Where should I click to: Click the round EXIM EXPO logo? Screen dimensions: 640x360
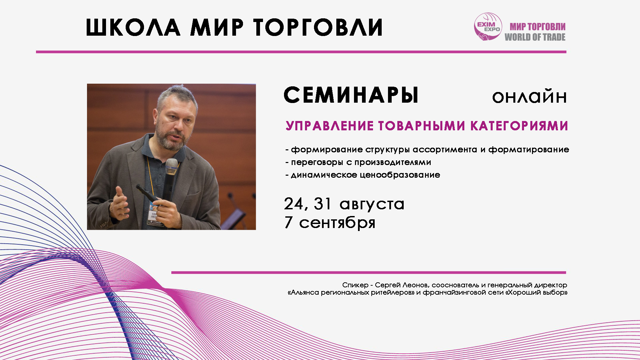pyautogui.click(x=488, y=27)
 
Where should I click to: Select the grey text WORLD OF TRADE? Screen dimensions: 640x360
pyautogui.click(x=535, y=37)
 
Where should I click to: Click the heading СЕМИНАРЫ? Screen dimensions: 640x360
pyautogui.click(x=351, y=95)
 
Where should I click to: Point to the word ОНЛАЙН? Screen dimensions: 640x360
pyautogui.click(x=529, y=97)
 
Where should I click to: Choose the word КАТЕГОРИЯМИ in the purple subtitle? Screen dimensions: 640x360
pyautogui.click(x=519, y=126)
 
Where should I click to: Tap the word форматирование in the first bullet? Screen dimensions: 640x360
pyautogui.click(x=529, y=150)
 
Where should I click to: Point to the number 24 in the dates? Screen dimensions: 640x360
pyautogui.click(x=294, y=204)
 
